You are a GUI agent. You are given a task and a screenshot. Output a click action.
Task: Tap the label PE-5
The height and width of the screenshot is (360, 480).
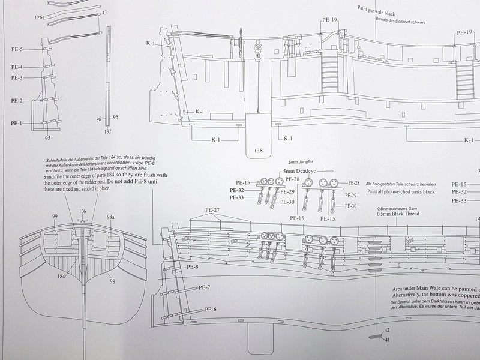17,49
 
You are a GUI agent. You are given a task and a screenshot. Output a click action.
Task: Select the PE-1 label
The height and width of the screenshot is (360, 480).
17,123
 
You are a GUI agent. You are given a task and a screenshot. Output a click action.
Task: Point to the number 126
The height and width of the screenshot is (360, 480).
39,18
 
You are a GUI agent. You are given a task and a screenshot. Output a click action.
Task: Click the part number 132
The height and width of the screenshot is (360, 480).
108,131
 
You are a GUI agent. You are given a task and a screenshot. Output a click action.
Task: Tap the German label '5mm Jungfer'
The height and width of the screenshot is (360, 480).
301,163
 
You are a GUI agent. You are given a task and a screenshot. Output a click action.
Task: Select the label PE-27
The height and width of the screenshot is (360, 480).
213,210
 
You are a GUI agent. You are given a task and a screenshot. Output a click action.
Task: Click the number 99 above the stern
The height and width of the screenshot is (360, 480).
55,216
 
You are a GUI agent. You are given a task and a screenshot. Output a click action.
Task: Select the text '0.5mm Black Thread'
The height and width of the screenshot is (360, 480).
398,214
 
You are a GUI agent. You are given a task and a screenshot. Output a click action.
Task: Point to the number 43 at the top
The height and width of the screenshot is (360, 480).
105,12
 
